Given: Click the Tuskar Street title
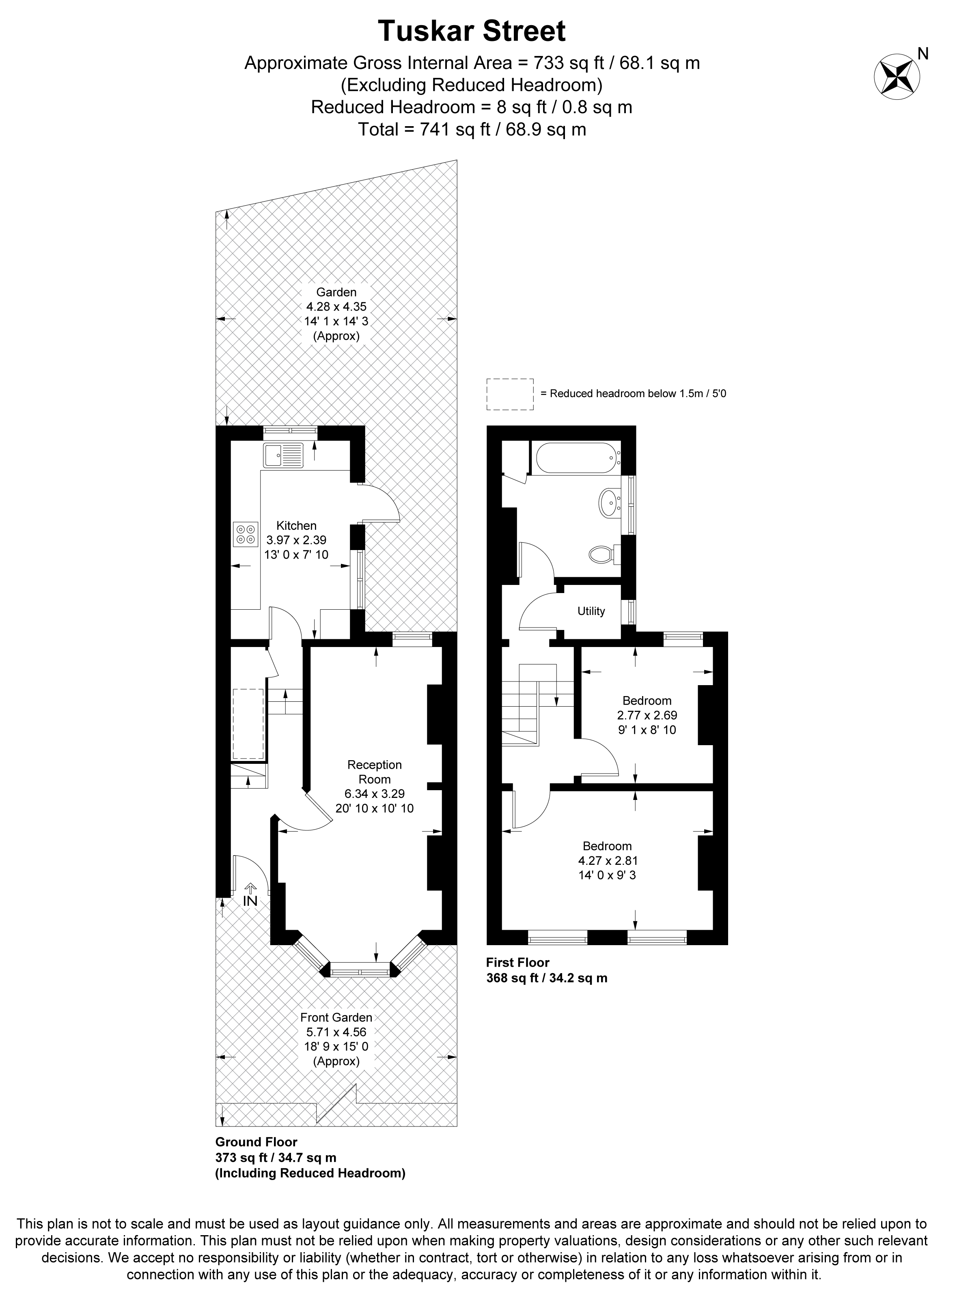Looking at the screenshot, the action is (x=472, y=31).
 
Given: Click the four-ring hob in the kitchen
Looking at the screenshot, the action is (x=246, y=534).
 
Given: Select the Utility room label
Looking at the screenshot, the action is (x=591, y=611).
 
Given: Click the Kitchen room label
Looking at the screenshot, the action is (x=297, y=526).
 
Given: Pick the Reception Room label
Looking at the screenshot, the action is (x=375, y=772).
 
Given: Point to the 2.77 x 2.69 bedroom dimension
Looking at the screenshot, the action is (x=647, y=715).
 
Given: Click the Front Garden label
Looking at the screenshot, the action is (x=336, y=1018).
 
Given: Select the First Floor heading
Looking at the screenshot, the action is (x=517, y=963).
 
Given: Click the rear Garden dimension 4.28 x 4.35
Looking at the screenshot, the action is (x=336, y=307).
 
